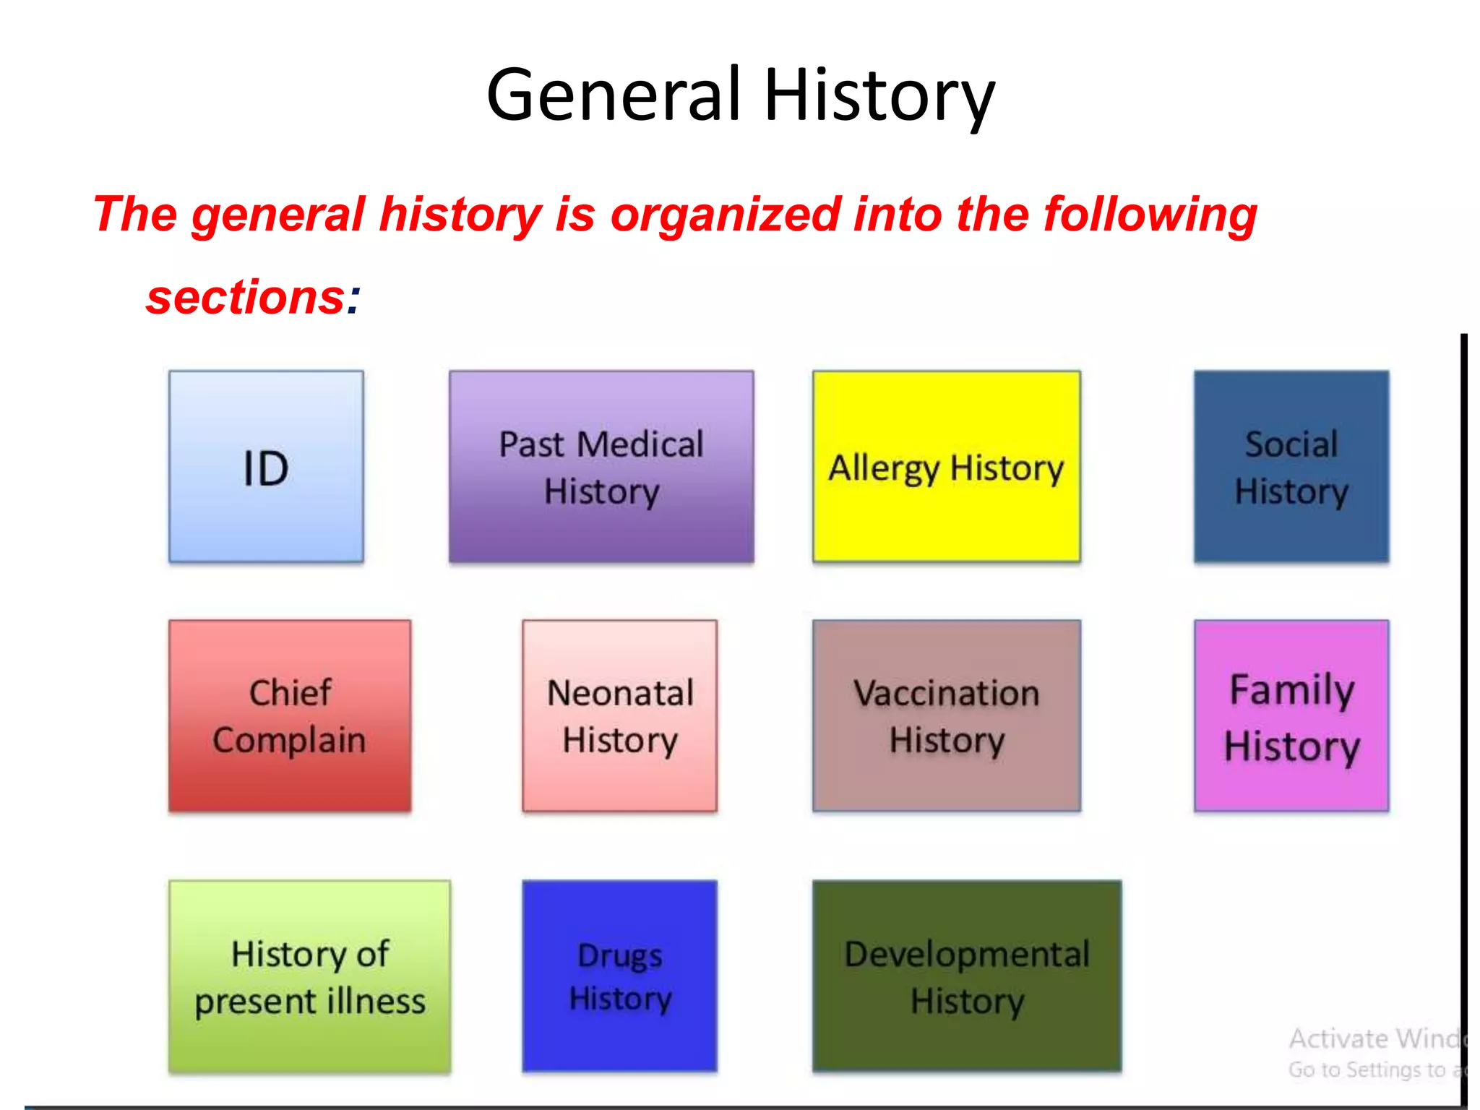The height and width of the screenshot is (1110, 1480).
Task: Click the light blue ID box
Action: pos(266,467)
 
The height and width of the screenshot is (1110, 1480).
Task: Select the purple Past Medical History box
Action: pos(601,467)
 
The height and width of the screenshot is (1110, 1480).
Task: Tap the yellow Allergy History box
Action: pos(947,467)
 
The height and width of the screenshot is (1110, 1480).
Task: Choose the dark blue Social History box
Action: pos(1291,467)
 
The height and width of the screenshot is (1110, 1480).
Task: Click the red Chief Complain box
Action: pos(290,715)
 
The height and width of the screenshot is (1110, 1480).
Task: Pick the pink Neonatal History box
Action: pos(620,715)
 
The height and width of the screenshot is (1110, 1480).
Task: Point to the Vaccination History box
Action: pos(947,715)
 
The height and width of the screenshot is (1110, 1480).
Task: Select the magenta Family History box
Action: pos(1291,715)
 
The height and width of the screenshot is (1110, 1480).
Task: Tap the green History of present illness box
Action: pos(310,976)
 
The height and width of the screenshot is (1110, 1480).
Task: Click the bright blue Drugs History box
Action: pos(620,976)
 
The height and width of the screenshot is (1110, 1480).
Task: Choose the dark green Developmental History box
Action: pos(967,976)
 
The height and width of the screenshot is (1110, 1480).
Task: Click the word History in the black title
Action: pos(879,95)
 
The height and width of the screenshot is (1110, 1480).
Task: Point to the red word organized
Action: pos(726,215)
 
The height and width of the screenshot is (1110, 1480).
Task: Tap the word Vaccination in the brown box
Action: pos(947,693)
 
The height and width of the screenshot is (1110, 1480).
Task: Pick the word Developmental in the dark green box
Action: pos(967,954)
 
